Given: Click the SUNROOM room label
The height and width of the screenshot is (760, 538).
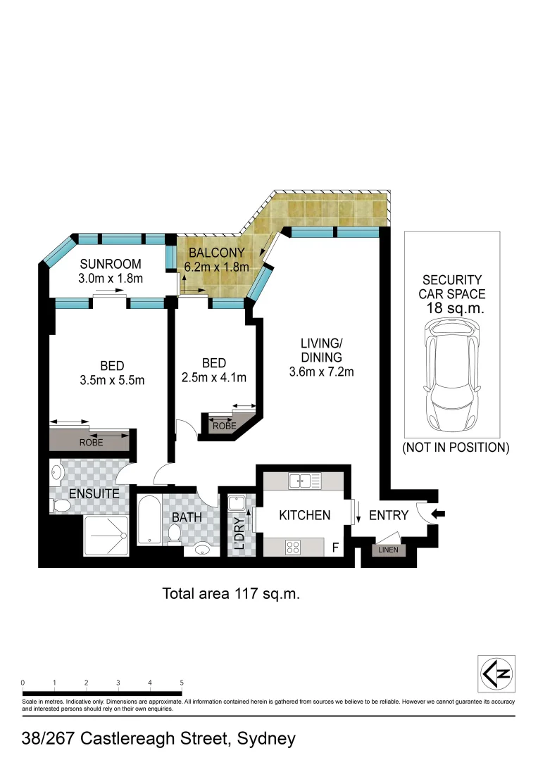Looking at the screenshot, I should pyautogui.click(x=111, y=265).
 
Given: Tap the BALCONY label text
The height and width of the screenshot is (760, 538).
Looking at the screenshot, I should pyautogui.click(x=216, y=253).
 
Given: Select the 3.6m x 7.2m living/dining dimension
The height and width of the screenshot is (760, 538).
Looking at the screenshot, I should pyautogui.click(x=321, y=372).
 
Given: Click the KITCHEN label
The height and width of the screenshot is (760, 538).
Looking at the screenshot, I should pyautogui.click(x=305, y=515).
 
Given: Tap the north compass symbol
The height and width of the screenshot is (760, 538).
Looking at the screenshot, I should pyautogui.click(x=496, y=673).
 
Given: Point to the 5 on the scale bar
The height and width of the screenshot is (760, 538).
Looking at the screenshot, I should pyautogui.click(x=182, y=683).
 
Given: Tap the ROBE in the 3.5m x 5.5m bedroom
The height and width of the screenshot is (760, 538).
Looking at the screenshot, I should pyautogui.click(x=92, y=443).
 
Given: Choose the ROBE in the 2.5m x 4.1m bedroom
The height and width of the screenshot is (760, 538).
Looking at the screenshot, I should pyautogui.click(x=224, y=426).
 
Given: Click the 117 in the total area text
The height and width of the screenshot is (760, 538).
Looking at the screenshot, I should pyautogui.click(x=244, y=593).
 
